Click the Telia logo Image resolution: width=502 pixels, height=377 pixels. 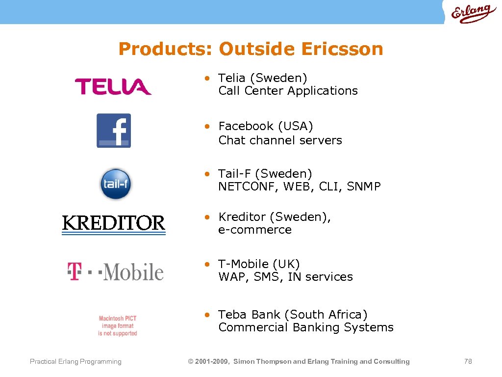pyautogui.click(x=113, y=87)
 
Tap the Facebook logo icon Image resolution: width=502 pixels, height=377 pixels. pyautogui.click(x=114, y=131)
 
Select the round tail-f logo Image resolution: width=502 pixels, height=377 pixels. pyautogui.click(x=116, y=184)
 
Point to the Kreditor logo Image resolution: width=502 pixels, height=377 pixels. pyautogui.click(x=114, y=224)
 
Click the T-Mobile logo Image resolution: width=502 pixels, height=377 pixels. pyautogui.click(x=115, y=271)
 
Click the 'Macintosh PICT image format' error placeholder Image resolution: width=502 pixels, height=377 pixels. pyautogui.click(x=118, y=326)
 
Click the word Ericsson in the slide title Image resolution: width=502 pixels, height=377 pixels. pyautogui.click(x=342, y=49)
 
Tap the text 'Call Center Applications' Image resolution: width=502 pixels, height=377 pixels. pyautogui.click(x=288, y=91)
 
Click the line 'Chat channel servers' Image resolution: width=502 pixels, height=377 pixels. pyautogui.click(x=280, y=140)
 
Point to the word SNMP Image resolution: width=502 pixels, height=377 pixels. pyautogui.click(x=363, y=187)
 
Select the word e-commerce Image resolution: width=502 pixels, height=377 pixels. pyautogui.click(x=255, y=230)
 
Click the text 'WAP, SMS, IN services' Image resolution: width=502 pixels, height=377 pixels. pyautogui.click(x=285, y=277)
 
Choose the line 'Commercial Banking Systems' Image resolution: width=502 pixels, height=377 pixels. pyautogui.click(x=306, y=327)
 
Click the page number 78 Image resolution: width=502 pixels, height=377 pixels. pyautogui.click(x=468, y=361)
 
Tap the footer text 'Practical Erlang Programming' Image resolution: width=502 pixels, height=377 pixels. pyautogui.click(x=75, y=362)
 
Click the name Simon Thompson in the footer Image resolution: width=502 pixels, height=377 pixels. pyautogui.click(x=262, y=362)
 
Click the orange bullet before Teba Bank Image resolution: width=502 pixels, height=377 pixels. pyautogui.click(x=208, y=314)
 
